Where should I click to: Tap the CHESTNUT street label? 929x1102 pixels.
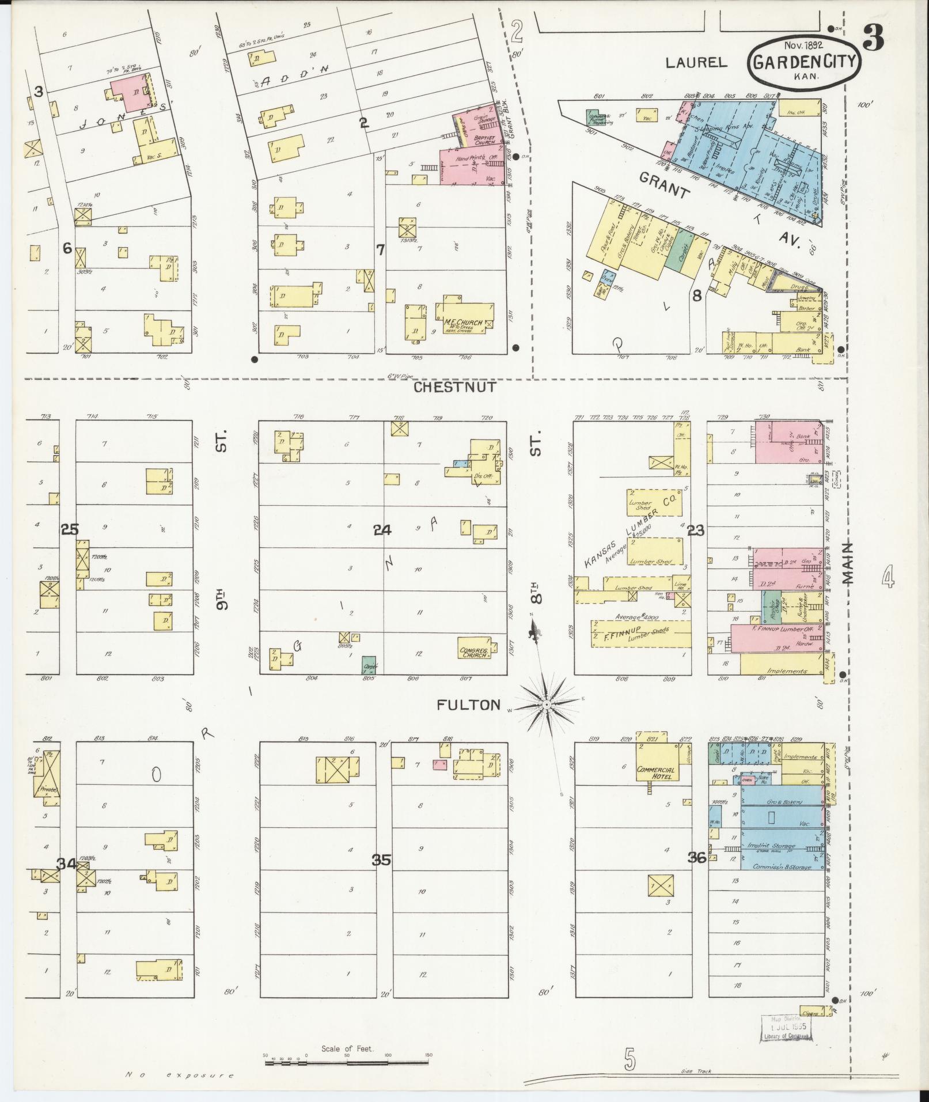pos(454,387)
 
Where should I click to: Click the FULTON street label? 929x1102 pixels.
pos(468,705)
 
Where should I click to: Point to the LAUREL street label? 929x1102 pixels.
pos(696,62)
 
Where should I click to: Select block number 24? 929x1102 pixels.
pos(382,530)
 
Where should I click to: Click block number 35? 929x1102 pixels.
pos(381,860)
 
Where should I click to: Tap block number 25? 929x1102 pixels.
pos(70,529)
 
